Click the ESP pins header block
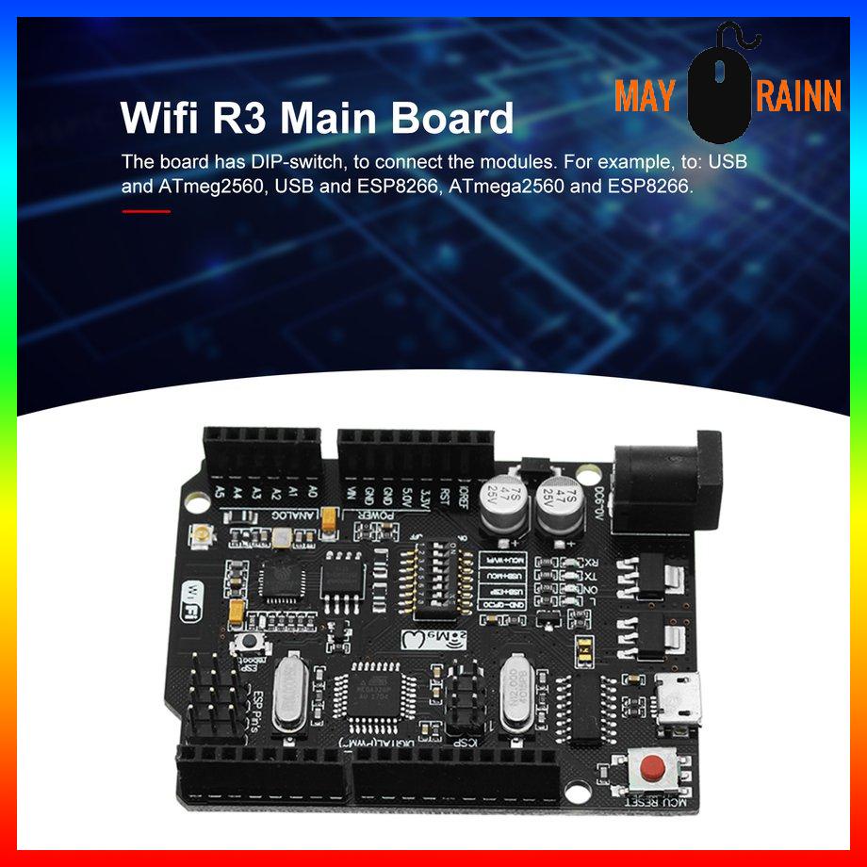(215, 692)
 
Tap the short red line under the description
(146, 211)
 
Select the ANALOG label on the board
(242, 517)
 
